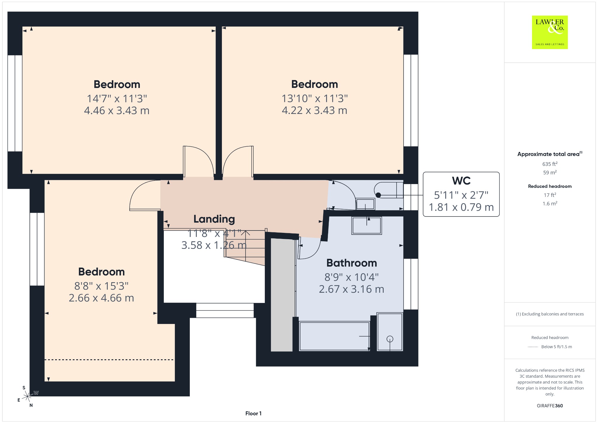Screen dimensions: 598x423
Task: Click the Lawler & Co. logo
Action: (x=550, y=32)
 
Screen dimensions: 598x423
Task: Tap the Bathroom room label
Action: (x=352, y=263)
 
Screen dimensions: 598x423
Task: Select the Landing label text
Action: (x=214, y=219)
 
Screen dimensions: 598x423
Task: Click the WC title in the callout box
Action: (x=461, y=181)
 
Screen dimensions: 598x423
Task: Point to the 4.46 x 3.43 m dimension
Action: (x=117, y=111)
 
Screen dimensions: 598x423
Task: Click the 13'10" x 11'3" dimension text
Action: (x=314, y=98)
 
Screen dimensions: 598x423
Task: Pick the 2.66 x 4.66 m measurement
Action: (x=101, y=298)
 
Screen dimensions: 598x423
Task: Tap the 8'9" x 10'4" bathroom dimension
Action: (x=352, y=277)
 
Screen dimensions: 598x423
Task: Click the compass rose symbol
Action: (x=27, y=396)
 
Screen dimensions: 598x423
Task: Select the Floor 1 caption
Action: (x=253, y=413)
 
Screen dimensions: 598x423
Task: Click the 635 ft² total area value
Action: (x=550, y=164)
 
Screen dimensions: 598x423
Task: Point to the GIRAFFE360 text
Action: (x=550, y=406)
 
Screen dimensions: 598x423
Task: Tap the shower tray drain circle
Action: (x=390, y=339)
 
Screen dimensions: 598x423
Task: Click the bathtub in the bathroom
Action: (x=335, y=336)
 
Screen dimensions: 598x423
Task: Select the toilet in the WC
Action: (x=389, y=190)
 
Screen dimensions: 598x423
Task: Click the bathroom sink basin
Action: (x=367, y=226)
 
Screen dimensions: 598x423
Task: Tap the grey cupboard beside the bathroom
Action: (x=282, y=295)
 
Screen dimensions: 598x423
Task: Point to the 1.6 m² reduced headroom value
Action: (x=550, y=203)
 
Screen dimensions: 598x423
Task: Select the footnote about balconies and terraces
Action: (x=550, y=314)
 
